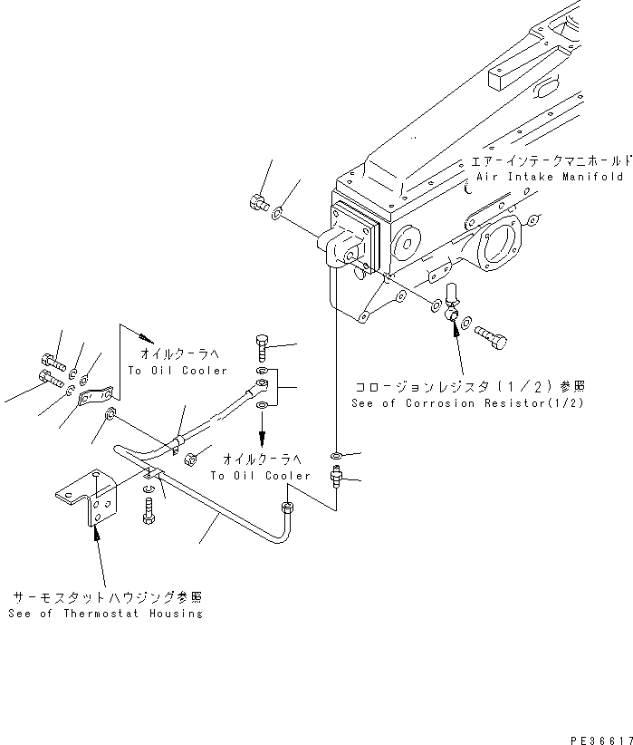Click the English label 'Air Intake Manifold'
pyautogui.click(x=547, y=177)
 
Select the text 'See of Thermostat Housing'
pyautogui.click(x=105, y=614)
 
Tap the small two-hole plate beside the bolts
pyautogui.click(x=96, y=395)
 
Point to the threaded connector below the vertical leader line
pyautogui.click(x=336, y=474)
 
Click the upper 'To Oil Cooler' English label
pyautogui.click(x=177, y=371)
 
